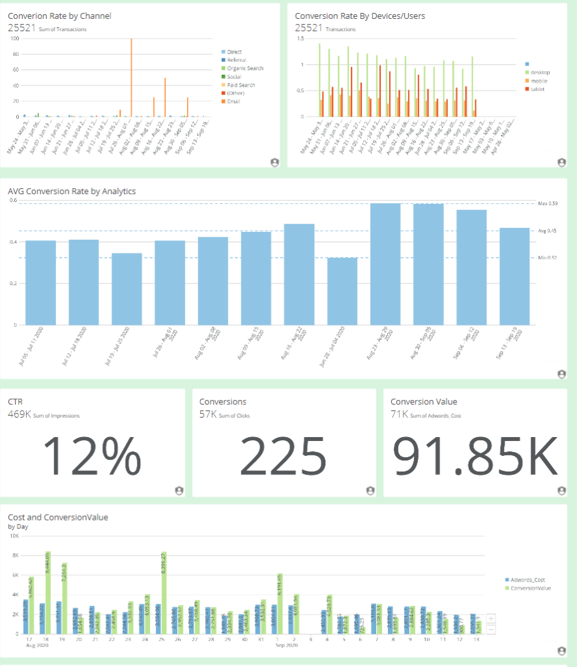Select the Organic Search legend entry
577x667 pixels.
point(245,68)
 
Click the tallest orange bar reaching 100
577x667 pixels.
point(131,78)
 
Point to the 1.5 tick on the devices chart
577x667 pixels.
point(301,38)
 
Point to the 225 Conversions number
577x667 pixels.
point(283,455)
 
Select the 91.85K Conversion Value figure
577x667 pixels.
point(475,455)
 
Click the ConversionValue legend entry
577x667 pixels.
point(531,588)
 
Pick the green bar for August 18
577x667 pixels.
point(48,593)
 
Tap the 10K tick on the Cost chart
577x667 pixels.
point(13,535)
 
